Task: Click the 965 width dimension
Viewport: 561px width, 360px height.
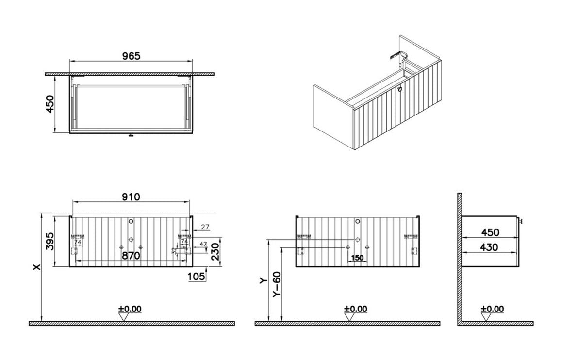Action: click(x=131, y=56)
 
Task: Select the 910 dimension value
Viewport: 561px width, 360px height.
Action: click(x=131, y=196)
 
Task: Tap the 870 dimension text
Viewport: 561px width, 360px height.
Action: click(x=131, y=256)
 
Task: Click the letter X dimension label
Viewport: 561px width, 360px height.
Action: click(x=35, y=267)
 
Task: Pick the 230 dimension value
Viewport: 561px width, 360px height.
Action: click(x=215, y=252)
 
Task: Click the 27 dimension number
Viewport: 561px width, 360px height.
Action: click(x=205, y=227)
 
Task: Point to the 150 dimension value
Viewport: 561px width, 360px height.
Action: click(x=357, y=258)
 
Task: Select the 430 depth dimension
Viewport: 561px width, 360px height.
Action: click(x=489, y=247)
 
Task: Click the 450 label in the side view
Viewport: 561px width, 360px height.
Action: click(x=489, y=233)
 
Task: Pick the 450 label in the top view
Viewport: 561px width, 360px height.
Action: click(x=50, y=103)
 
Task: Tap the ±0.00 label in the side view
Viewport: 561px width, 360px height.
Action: click(x=492, y=309)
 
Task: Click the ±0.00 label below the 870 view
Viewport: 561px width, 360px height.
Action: click(x=130, y=309)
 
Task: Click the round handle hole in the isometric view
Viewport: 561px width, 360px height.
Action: click(x=400, y=89)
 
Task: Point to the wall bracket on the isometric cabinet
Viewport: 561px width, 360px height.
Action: click(x=395, y=55)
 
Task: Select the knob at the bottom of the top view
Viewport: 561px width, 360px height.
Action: click(x=130, y=136)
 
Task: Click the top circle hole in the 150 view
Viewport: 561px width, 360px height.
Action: click(x=357, y=222)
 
